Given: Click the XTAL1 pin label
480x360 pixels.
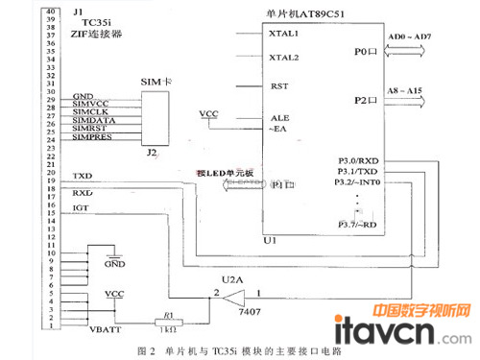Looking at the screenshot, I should [285, 34].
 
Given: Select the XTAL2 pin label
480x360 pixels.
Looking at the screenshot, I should [285, 58].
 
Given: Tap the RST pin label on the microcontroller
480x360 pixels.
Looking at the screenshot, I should [280, 86].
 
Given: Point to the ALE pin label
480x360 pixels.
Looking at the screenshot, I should [280, 117].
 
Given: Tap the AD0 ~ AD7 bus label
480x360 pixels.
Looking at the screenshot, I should [409, 36].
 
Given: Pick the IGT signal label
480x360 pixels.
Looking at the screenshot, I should [80, 207].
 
